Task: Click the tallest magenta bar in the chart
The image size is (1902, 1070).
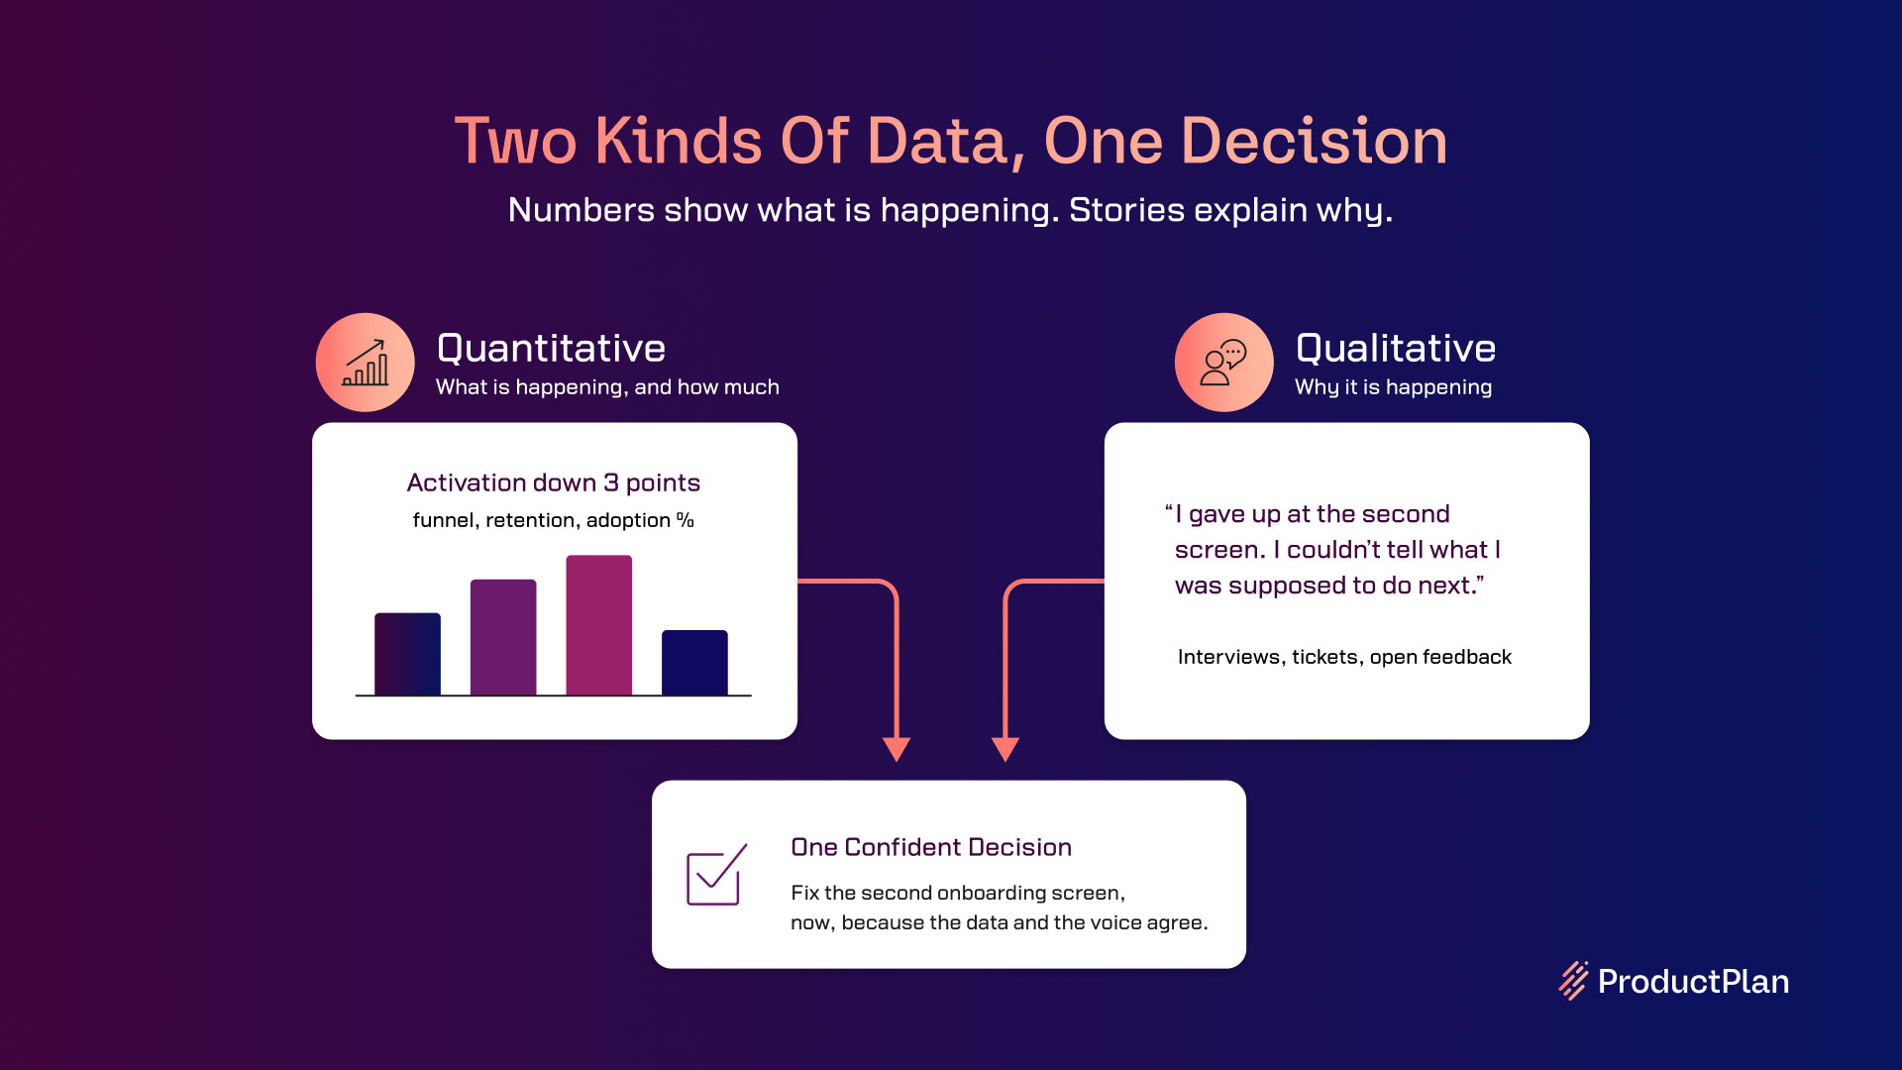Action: pyautogui.click(x=598, y=625)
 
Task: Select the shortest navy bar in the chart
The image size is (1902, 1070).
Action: pyautogui.click(x=694, y=663)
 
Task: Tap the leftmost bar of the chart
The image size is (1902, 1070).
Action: pyautogui.click(x=407, y=654)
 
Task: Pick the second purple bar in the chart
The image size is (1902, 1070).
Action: pyautogui.click(x=503, y=637)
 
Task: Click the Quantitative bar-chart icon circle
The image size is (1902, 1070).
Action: pyautogui.click(x=366, y=363)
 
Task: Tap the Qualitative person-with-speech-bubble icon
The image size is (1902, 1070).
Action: pyautogui.click(x=1224, y=363)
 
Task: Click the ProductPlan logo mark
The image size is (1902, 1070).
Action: pyautogui.click(x=1573, y=981)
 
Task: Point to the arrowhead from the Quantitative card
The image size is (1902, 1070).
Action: pyautogui.click(x=897, y=750)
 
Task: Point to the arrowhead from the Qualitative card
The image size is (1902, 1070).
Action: pyautogui.click(x=1005, y=750)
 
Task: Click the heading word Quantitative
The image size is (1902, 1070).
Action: pyautogui.click(x=551, y=349)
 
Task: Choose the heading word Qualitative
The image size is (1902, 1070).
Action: pyautogui.click(x=1396, y=349)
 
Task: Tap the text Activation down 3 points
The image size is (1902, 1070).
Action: pyautogui.click(x=554, y=482)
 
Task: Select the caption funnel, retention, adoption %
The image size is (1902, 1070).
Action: pyautogui.click(x=554, y=520)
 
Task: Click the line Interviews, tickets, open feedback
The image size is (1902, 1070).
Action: pyautogui.click(x=1344, y=657)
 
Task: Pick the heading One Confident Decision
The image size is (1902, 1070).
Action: pyautogui.click(x=931, y=847)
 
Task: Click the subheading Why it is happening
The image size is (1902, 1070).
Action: pyautogui.click(x=1393, y=387)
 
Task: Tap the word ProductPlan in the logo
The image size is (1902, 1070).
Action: pyautogui.click(x=1694, y=982)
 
